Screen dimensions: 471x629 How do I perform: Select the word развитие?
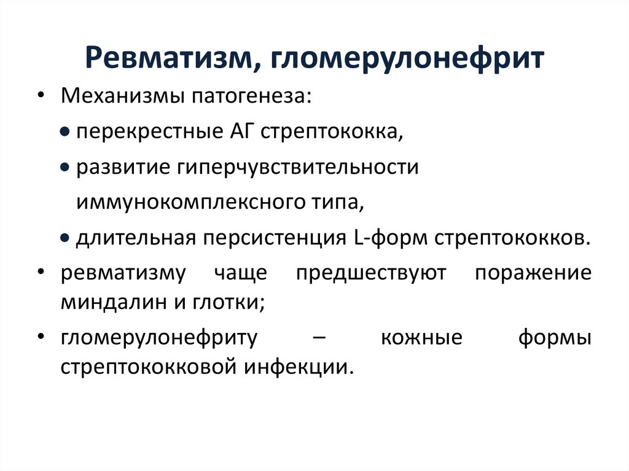point(123,167)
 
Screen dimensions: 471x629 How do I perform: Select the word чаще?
point(241,273)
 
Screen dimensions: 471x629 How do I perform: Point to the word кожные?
point(421,338)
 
